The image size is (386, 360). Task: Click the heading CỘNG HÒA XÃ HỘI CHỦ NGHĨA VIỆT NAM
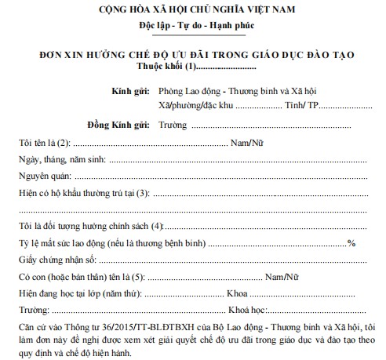[x=191, y=12]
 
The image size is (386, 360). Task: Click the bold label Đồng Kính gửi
[x=122, y=125]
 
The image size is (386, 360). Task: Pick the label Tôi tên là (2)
[x=44, y=144]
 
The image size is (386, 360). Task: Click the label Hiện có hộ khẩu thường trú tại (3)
[x=83, y=194]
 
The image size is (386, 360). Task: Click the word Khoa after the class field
[x=238, y=295]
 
